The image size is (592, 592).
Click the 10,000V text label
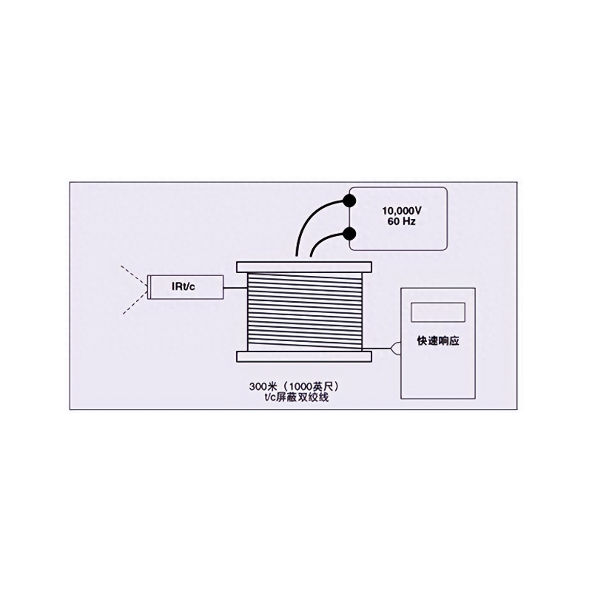point(402,211)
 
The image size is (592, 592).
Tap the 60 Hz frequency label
point(402,221)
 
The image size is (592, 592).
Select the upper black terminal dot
point(349,200)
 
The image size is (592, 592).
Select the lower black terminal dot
point(349,235)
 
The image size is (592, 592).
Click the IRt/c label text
point(184,286)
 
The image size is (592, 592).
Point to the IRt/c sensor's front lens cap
point(149,287)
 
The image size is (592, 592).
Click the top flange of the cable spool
point(304,267)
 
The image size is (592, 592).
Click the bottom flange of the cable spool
point(304,357)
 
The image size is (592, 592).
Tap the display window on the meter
point(437,312)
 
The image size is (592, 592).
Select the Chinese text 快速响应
point(438,341)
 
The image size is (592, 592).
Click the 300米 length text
point(263,387)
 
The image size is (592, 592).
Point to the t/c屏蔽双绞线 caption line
point(296,397)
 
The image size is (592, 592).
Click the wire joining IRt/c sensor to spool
point(235,288)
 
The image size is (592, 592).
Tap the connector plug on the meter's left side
point(396,349)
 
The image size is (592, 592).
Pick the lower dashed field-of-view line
point(135,302)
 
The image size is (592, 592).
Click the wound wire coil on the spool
point(304,312)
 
